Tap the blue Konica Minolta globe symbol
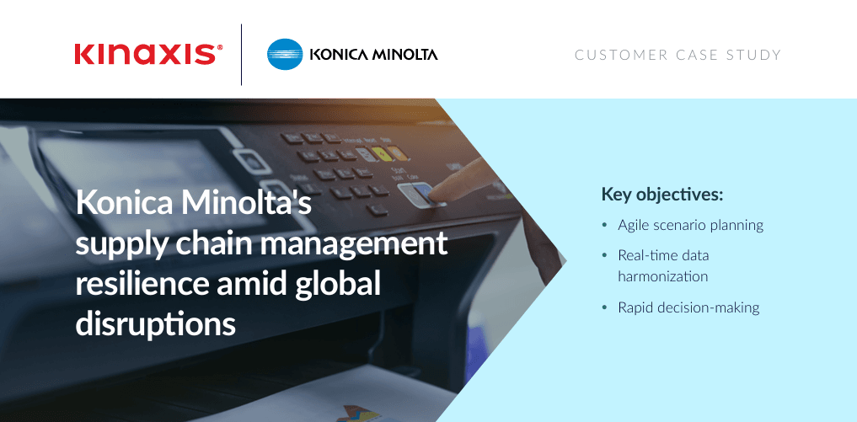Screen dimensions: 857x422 tap(285, 54)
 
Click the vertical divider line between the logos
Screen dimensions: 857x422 tap(241, 55)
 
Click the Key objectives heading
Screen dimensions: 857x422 tap(661, 195)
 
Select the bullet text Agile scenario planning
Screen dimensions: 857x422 tap(690, 225)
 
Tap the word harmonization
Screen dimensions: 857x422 tap(662, 276)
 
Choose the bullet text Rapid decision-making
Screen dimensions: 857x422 tap(688, 307)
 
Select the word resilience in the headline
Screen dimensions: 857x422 tap(142, 285)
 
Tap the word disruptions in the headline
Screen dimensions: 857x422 tap(155, 324)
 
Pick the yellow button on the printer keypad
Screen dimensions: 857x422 tap(380, 155)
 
